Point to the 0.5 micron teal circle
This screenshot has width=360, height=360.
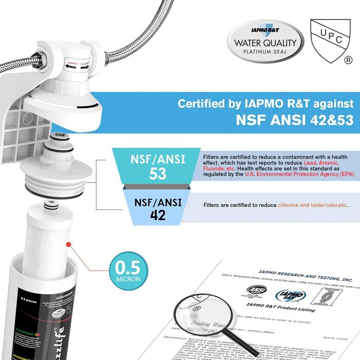(x=127, y=272)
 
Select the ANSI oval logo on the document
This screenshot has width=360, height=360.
(x=257, y=292)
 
